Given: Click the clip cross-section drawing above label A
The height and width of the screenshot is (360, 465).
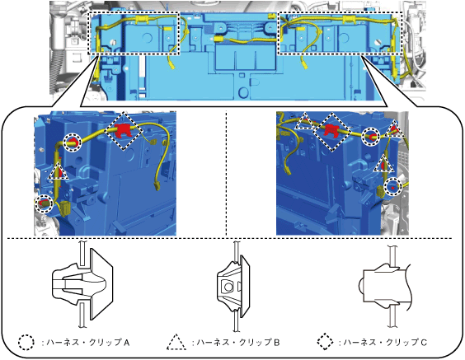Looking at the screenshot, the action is tap(82, 284).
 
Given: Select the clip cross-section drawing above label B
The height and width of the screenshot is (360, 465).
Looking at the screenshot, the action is tap(234, 286).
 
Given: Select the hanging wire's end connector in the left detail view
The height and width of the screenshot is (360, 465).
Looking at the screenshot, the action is tap(157, 187).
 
